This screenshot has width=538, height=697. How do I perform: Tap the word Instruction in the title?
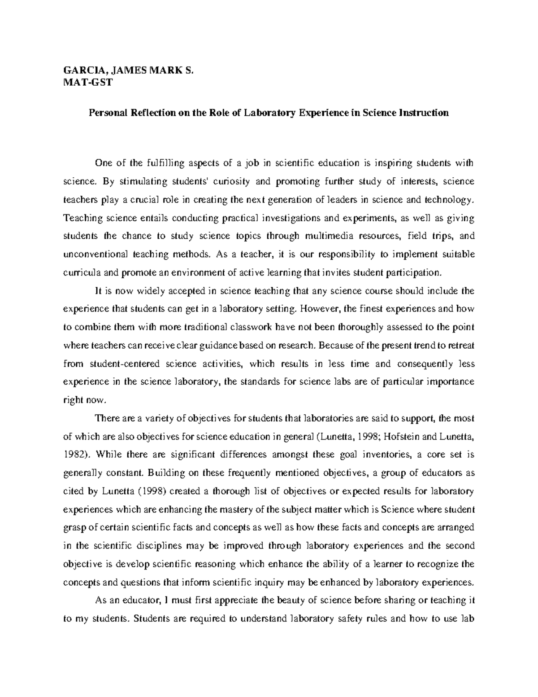tap(423, 113)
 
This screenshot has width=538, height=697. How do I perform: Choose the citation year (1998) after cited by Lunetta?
tap(151, 491)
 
